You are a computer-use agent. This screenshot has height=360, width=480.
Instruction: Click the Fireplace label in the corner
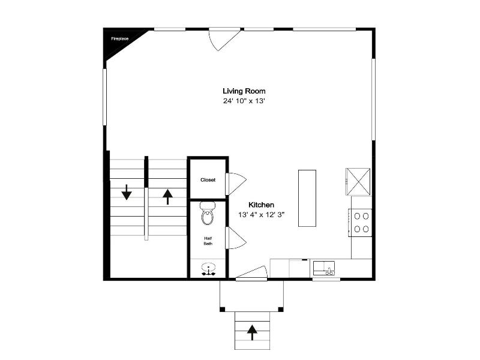click(119, 39)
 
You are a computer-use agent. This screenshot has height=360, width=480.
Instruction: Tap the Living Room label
click(244, 91)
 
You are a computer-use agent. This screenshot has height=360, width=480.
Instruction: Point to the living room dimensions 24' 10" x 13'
click(244, 101)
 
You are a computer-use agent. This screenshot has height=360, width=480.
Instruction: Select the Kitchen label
click(261, 205)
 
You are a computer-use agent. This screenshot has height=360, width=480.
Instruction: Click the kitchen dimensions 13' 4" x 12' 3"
click(262, 215)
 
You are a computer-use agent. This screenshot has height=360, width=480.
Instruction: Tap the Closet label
click(208, 180)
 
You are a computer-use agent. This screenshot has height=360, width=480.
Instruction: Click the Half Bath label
click(208, 241)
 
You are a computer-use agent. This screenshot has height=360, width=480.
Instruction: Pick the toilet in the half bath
click(208, 213)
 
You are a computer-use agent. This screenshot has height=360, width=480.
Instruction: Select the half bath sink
click(208, 269)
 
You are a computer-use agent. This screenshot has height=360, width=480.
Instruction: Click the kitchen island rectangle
click(307, 199)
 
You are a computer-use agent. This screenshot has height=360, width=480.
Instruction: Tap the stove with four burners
click(360, 223)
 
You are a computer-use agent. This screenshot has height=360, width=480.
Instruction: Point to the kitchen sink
click(324, 268)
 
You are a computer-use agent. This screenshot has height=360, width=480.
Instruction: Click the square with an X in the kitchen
click(358, 182)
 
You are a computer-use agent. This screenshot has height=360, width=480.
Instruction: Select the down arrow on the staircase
click(127, 192)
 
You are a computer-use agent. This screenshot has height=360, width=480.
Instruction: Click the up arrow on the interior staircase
click(167, 197)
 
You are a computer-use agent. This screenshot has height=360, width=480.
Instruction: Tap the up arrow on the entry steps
click(252, 333)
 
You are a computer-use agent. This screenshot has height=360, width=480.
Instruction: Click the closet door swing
click(236, 184)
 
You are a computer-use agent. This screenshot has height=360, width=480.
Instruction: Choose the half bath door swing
click(236, 238)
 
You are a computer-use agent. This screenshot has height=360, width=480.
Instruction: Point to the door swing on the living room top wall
click(224, 39)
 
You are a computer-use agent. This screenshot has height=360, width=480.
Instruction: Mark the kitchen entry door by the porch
click(251, 272)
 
